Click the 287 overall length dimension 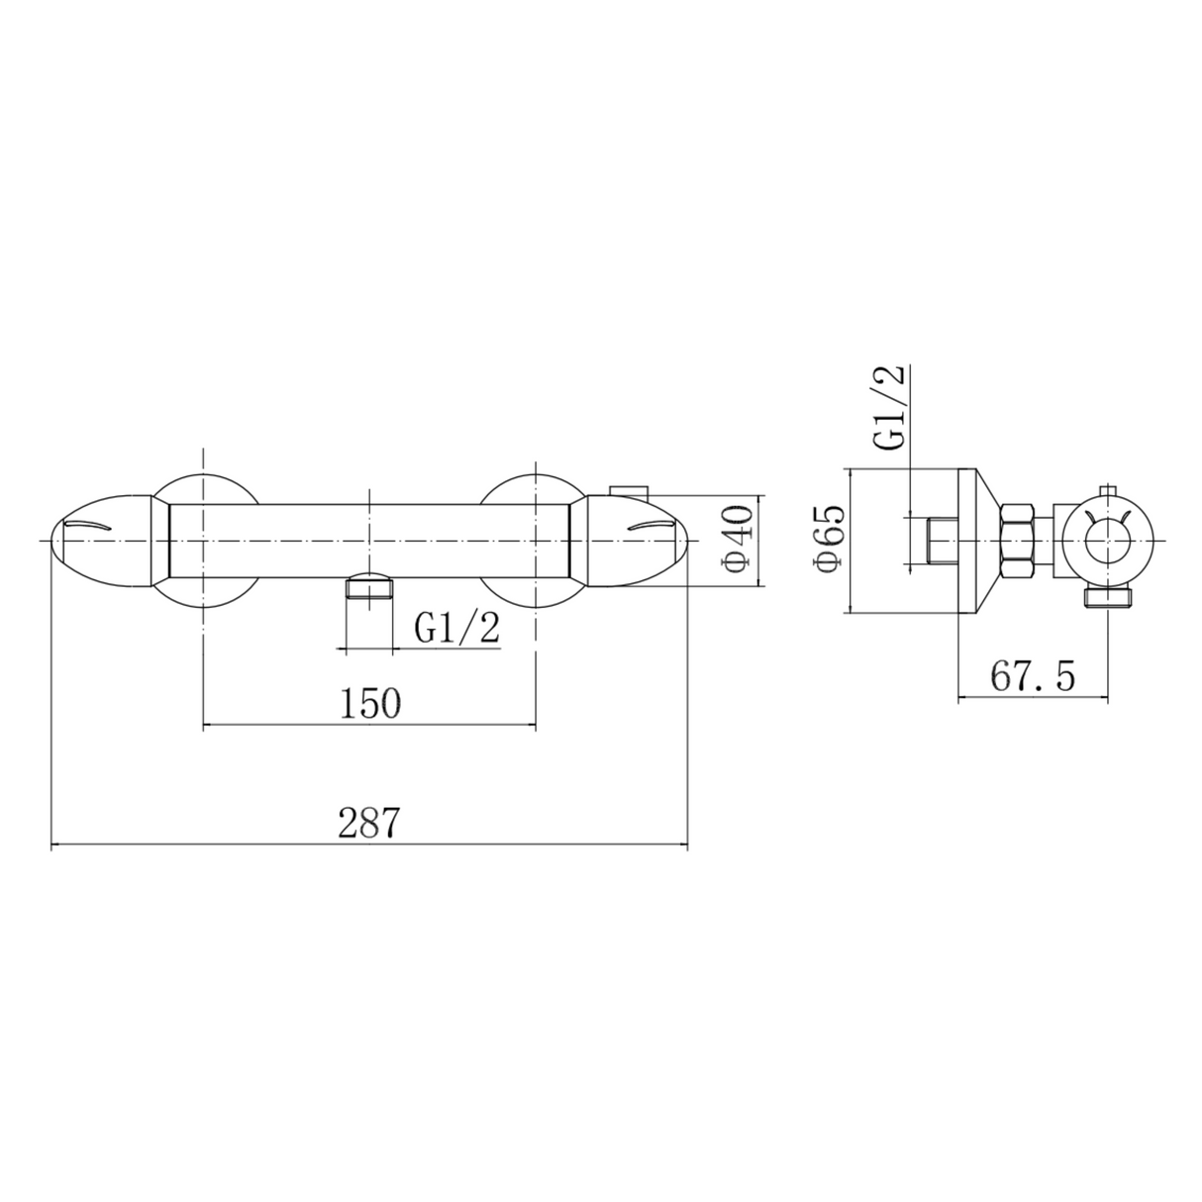point(368,823)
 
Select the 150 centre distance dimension point(370,704)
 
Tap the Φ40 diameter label point(739,541)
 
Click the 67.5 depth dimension point(1032,677)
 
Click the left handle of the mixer point(104,541)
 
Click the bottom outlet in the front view point(367,589)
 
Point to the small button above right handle point(627,490)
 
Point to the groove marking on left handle point(94,525)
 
